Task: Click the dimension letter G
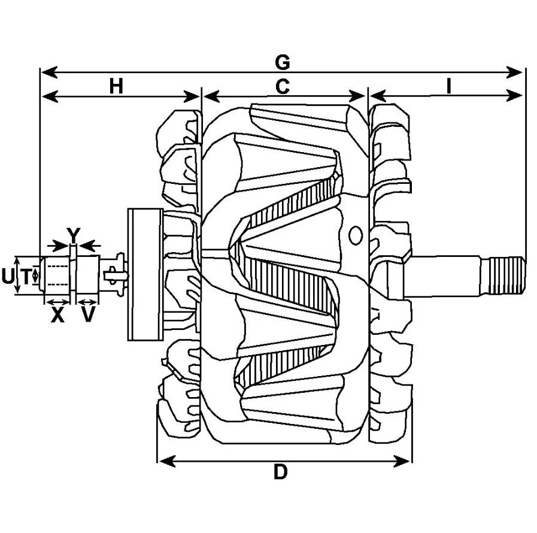click(283, 62)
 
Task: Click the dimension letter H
click(116, 86)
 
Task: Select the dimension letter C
click(283, 86)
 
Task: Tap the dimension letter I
click(448, 86)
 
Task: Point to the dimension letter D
click(281, 472)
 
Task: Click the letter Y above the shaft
click(73, 234)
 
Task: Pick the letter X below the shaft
click(57, 315)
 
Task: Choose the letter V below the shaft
click(87, 315)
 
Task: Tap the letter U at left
click(7, 276)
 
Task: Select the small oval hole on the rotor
click(356, 235)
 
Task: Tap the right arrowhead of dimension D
click(402, 461)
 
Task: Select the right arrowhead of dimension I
click(514, 96)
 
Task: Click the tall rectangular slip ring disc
click(145, 274)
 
